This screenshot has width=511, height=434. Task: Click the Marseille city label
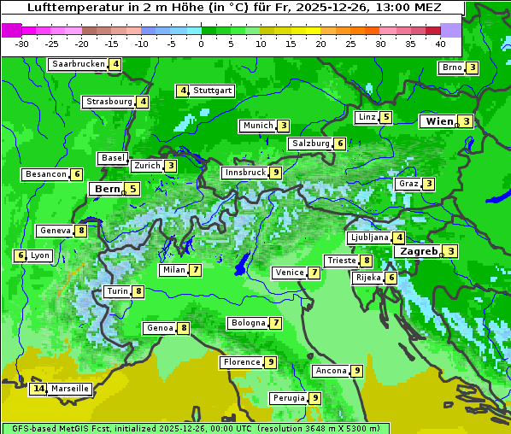click(x=69, y=389)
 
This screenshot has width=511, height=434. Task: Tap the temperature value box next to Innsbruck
click(x=274, y=173)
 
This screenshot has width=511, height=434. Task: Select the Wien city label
click(x=439, y=122)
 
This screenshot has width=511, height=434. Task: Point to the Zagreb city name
click(x=418, y=251)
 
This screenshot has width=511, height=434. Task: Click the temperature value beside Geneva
click(x=81, y=231)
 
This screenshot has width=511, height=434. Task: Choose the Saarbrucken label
click(x=79, y=64)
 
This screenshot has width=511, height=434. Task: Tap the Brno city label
click(x=450, y=68)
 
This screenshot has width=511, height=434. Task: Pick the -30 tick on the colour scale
click(x=22, y=43)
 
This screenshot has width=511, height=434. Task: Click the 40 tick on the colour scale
click(x=440, y=43)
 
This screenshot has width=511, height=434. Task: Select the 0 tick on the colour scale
click(x=201, y=43)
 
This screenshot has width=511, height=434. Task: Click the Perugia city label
click(x=288, y=398)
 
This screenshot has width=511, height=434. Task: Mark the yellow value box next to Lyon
click(x=20, y=255)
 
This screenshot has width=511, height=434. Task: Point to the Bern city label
click(x=107, y=189)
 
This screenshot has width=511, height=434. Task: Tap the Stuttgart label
click(x=213, y=91)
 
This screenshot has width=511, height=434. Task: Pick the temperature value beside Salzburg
click(x=339, y=144)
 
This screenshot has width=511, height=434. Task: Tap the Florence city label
click(x=241, y=362)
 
